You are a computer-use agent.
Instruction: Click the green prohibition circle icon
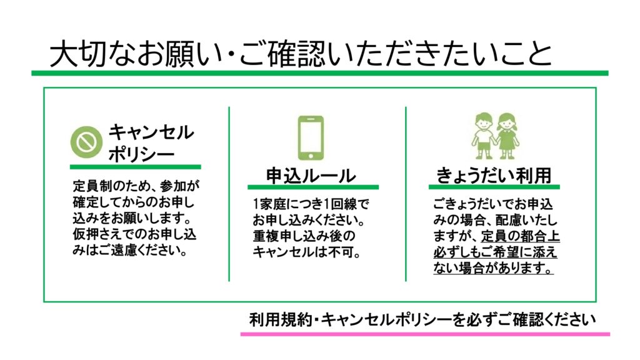[85, 142]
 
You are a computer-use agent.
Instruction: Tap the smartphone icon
[310, 136]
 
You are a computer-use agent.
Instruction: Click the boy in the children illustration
[482, 135]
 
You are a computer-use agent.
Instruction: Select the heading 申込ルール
[311, 176]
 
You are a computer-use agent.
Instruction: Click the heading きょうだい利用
[494, 176]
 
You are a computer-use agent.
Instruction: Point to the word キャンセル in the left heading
[151, 132]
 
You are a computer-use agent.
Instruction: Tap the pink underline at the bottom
[425, 334]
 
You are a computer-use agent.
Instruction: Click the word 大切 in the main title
[78, 55]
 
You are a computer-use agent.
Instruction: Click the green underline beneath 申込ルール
[312, 187]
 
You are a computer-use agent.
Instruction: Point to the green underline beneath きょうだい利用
[494, 187]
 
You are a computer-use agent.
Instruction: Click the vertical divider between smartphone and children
[406, 194]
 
